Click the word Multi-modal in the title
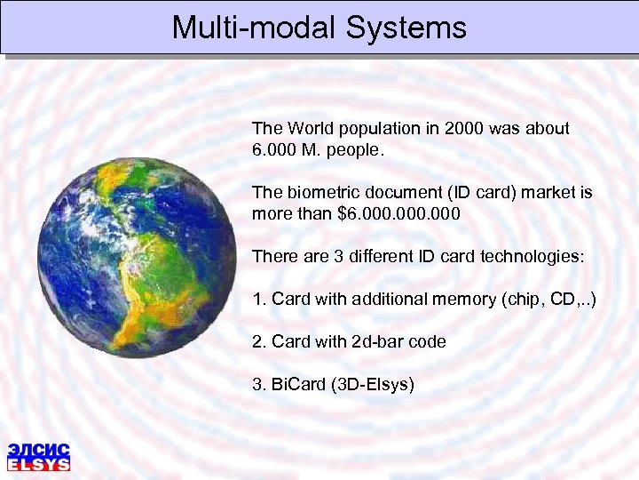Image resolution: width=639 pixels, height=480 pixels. coord(254,28)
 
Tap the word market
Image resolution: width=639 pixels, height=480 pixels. coord(544,193)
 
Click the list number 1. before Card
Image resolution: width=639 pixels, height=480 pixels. coord(259,300)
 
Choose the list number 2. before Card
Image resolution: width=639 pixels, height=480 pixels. coord(259,342)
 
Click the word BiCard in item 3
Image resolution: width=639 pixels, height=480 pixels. coord(296,385)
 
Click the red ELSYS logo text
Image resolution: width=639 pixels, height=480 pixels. coord(38,464)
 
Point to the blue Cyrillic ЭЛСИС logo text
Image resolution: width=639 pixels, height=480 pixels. coord(38,449)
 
